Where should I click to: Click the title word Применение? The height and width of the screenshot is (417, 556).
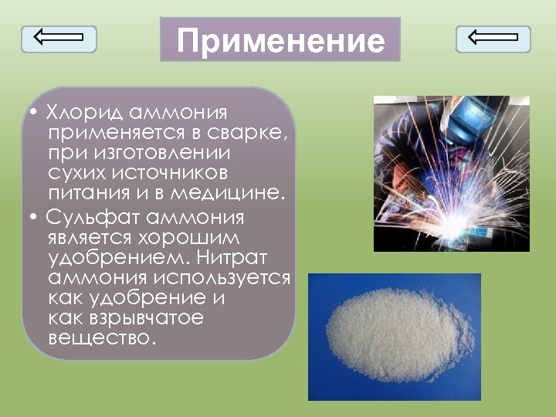(x=280, y=41)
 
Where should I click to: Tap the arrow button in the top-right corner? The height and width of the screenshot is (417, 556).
(x=493, y=39)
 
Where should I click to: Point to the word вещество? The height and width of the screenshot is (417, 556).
(x=101, y=337)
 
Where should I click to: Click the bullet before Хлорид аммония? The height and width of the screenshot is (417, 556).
(x=36, y=113)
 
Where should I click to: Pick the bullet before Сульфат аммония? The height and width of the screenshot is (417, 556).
(x=36, y=219)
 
